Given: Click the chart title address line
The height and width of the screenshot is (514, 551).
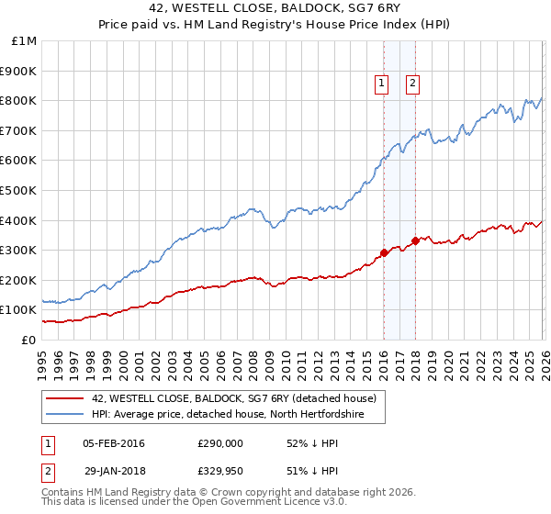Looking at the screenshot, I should [275, 10].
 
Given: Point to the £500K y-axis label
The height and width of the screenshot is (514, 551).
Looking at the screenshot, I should [18, 190].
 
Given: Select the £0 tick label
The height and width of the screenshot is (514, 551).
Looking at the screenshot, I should [28, 340].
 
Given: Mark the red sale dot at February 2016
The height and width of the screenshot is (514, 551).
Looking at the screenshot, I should [384, 253].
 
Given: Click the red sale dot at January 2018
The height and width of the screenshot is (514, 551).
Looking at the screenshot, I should [415, 241].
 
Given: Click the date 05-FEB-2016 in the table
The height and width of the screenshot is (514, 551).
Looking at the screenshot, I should [114, 444].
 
